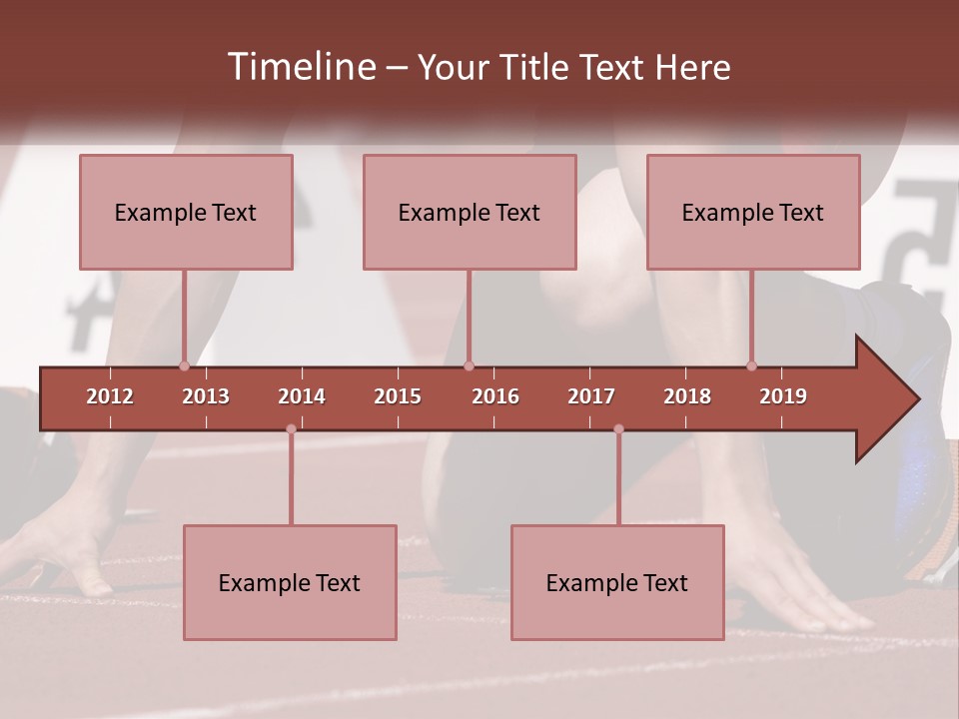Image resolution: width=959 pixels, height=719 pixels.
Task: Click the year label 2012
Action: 110,396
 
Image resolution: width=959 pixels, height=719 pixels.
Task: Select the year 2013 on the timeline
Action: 206,396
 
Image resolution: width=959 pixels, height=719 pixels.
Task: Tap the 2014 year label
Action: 302,396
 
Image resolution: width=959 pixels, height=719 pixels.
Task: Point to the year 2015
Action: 398,396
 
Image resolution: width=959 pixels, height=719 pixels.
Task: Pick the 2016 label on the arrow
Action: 495,396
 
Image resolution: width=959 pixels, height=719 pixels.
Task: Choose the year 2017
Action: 591,396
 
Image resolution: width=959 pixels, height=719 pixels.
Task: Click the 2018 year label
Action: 687,396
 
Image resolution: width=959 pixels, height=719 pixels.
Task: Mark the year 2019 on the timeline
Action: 783,396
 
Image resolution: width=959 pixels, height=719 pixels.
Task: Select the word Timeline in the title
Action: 301,67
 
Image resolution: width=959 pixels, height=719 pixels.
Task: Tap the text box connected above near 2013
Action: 186,212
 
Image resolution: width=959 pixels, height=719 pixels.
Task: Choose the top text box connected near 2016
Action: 470,212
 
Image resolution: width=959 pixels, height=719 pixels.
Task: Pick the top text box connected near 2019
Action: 753,212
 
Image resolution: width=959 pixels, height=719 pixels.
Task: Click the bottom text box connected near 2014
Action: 290,582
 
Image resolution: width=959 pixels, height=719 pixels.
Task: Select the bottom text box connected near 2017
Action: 617,582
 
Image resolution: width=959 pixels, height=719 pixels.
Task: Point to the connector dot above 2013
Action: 184,365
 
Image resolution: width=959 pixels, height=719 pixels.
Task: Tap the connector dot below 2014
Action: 291,428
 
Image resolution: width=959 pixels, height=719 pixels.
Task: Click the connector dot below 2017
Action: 618,428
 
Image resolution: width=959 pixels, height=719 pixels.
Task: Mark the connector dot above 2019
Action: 751,365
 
